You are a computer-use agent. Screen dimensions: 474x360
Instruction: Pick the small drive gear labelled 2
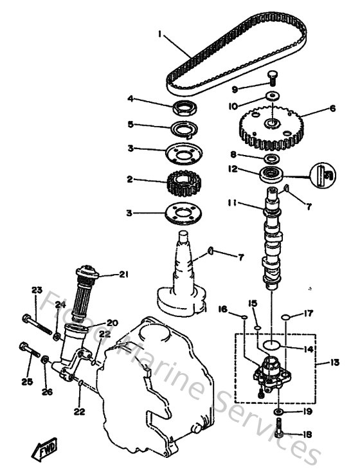(186, 180)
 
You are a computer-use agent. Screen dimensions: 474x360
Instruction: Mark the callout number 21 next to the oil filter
(123, 275)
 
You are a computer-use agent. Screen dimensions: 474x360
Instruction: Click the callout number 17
(309, 314)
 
